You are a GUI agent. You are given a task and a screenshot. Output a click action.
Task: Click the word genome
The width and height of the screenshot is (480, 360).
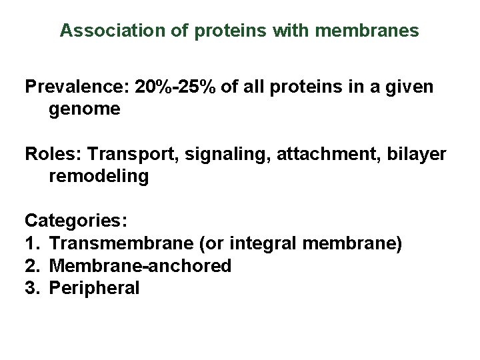[x=85, y=109]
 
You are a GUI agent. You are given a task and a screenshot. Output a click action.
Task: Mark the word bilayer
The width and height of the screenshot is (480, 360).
[x=419, y=155]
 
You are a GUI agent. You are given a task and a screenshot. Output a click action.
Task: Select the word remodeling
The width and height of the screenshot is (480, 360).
[x=99, y=177]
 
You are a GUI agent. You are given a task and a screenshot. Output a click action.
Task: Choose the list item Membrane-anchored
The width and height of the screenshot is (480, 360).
[x=140, y=266]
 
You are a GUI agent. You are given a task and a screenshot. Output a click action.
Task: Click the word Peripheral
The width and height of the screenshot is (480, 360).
[x=94, y=288]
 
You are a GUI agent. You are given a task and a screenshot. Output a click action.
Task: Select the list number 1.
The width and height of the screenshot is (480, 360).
[x=31, y=244]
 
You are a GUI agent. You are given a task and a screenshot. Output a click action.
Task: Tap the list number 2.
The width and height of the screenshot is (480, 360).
[x=31, y=266]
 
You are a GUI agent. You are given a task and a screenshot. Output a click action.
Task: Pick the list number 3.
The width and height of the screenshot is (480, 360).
[x=31, y=288]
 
